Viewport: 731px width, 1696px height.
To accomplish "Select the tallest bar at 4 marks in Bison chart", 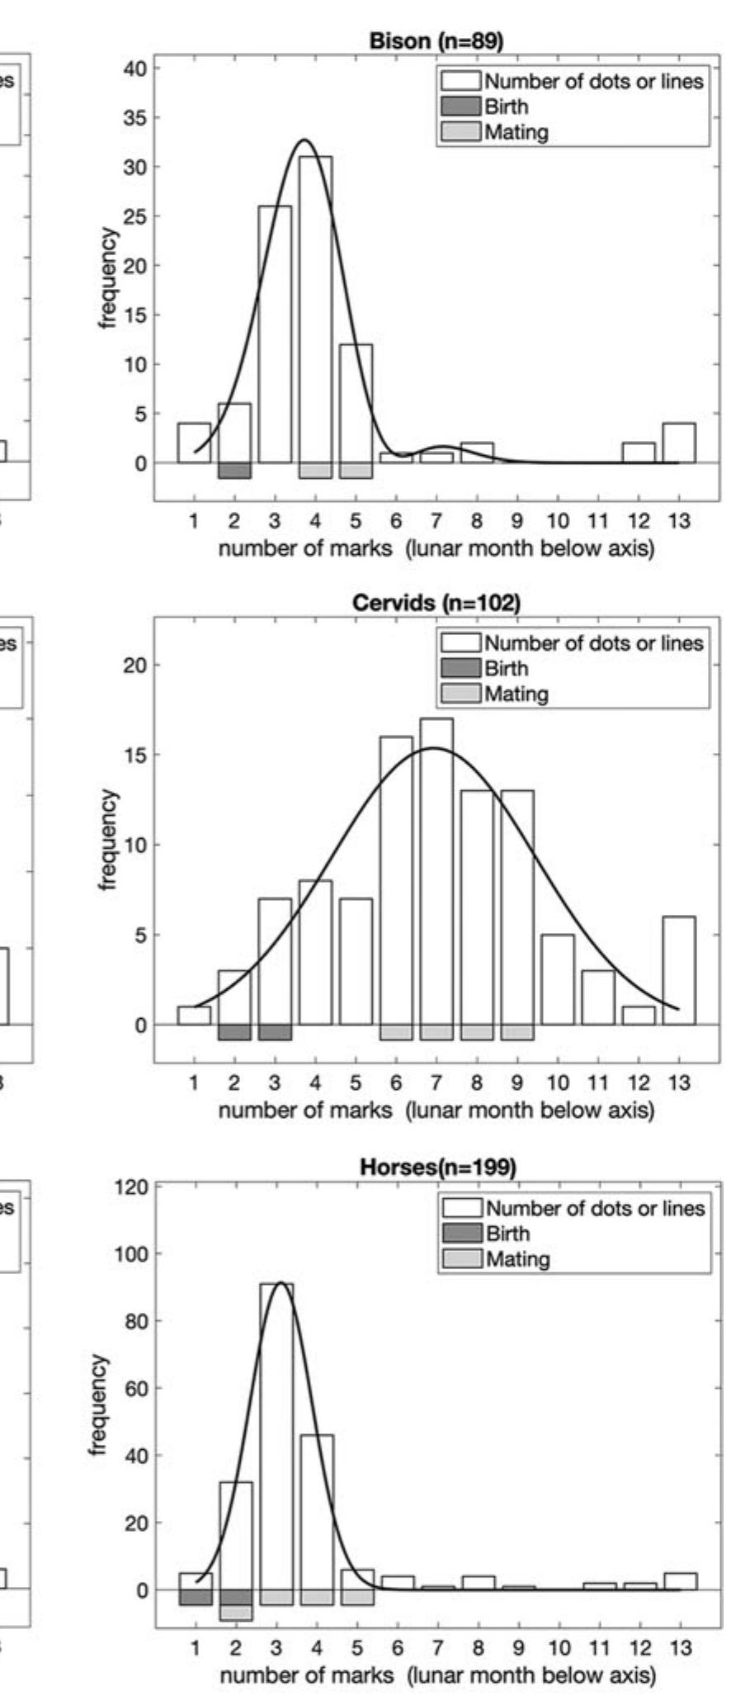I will point(316,310).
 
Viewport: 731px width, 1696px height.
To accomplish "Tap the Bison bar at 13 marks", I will point(679,443).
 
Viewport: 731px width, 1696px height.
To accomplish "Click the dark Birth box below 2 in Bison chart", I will point(234,471).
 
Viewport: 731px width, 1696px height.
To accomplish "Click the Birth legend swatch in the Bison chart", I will point(460,107).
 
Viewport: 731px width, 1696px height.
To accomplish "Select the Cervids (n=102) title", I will point(436,603).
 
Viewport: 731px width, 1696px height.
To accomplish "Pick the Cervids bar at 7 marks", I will point(436,871).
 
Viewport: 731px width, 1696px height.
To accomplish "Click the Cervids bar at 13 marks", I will point(679,971).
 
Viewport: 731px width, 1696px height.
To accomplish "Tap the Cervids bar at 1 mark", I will point(194,1016).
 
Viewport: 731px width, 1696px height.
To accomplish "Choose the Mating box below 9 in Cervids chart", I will point(517,1033).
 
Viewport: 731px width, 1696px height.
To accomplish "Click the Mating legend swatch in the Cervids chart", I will point(460,694).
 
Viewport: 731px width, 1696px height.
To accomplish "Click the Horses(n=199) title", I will point(438,1168).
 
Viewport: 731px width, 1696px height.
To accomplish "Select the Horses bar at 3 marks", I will point(276,1437).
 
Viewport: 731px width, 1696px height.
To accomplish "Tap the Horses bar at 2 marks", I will point(236,1536).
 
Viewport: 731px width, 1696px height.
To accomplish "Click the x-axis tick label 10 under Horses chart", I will point(559,1648).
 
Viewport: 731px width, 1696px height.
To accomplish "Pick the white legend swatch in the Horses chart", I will point(462,1209).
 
